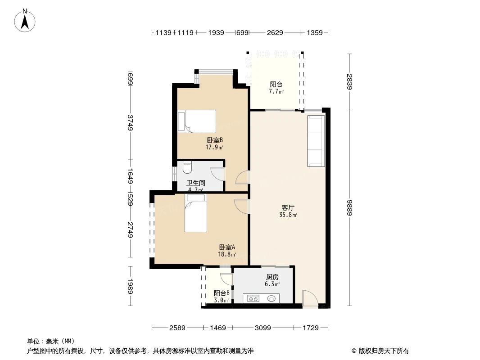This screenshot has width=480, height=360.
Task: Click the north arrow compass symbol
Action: tap(25, 20)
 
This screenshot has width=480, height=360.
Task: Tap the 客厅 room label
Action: tap(288, 208)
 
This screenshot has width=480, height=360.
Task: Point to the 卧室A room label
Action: tap(227, 247)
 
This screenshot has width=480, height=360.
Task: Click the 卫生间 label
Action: tap(196, 183)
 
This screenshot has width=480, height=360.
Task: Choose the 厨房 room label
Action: tap(272, 277)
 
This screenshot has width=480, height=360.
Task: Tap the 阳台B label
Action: tap(222, 293)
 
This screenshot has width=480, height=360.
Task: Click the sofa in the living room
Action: tap(316, 141)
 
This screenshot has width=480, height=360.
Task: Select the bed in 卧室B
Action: tap(197, 121)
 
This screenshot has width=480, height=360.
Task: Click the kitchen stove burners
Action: tap(253, 298)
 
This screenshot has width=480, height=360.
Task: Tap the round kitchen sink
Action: tap(272, 298)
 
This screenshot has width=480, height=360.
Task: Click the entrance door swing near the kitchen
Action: tap(310, 298)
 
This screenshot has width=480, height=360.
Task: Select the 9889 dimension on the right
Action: tap(349, 208)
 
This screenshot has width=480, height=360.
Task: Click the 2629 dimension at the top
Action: tap(275, 32)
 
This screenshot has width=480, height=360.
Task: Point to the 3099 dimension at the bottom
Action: tap(263, 328)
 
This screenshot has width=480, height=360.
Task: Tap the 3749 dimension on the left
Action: tap(131, 123)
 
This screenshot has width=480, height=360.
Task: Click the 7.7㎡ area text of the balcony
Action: tap(276, 91)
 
